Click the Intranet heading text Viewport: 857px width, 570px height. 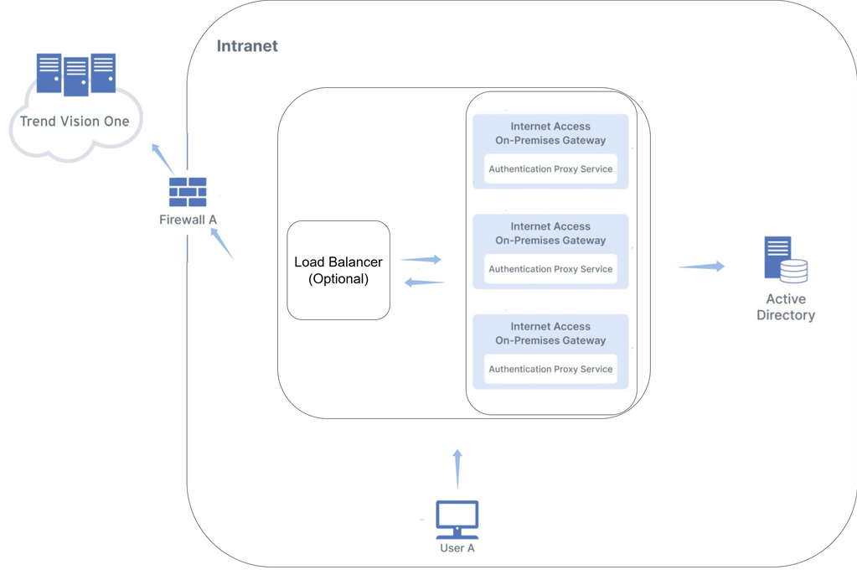[247, 46]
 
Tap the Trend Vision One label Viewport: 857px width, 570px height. [75, 122]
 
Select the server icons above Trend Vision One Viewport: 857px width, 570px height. [75, 74]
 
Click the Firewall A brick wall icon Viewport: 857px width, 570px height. [188, 192]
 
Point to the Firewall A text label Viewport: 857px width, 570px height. [188, 220]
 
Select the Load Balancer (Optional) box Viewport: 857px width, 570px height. [338, 270]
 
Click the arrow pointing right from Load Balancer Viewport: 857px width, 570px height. [421, 260]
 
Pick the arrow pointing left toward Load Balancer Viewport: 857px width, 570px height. [425, 282]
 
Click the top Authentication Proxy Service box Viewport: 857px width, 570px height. [550, 169]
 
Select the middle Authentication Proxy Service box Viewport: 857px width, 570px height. [550, 269]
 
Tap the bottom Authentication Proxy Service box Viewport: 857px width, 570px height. [550, 369]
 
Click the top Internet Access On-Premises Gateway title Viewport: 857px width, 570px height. [550, 133]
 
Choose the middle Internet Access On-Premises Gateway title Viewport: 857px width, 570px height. [550, 233]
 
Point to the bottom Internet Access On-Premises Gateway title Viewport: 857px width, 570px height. [550, 334]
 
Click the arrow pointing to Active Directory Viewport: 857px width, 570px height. [702, 267]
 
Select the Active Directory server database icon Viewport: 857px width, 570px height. [785, 260]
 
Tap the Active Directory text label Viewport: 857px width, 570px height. [785, 307]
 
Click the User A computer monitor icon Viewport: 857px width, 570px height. [457, 519]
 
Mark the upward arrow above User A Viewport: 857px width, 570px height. [457, 469]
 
